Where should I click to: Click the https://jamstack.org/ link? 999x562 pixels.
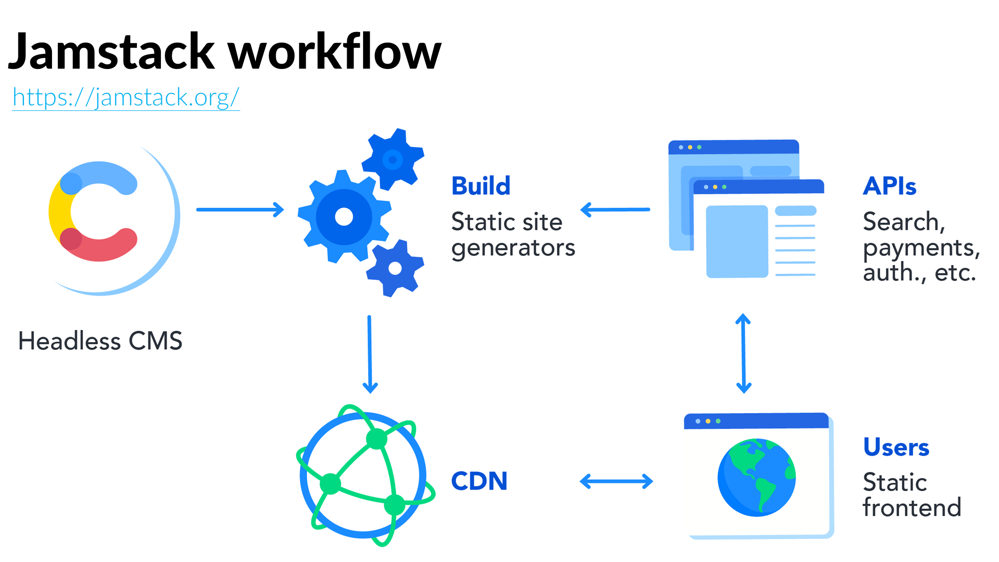coord(126,97)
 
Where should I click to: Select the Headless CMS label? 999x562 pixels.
coord(100,341)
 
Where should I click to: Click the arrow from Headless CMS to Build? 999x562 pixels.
coord(240,209)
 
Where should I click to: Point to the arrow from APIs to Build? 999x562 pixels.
coord(615,209)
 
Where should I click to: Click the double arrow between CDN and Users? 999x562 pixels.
coord(616,481)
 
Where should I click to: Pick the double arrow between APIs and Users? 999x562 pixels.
coord(743,353)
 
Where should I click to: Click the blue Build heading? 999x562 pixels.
coord(481,186)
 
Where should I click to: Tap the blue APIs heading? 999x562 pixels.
coord(889,186)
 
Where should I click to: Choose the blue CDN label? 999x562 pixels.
coord(479,481)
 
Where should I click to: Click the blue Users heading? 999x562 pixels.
coord(896,447)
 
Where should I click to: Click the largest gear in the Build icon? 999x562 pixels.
coord(344,216)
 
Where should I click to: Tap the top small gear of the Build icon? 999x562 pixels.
coord(393,159)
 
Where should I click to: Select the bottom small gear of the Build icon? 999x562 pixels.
coord(395,268)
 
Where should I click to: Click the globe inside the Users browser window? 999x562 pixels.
coord(756,477)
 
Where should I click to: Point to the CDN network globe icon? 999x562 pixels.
coord(364,475)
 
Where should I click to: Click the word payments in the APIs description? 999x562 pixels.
coord(921,248)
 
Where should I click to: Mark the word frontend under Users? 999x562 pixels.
coord(912,508)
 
